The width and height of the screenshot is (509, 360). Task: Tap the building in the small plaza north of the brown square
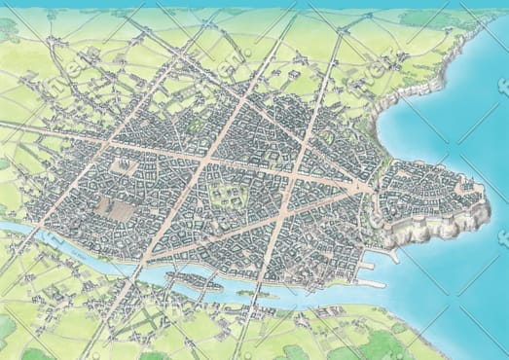[x=126, y=165]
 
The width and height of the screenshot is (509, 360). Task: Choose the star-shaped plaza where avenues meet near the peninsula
[x=362, y=186]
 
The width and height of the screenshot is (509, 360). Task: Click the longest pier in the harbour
[x=371, y=283]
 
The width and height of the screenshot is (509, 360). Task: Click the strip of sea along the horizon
[x=253, y=4]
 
